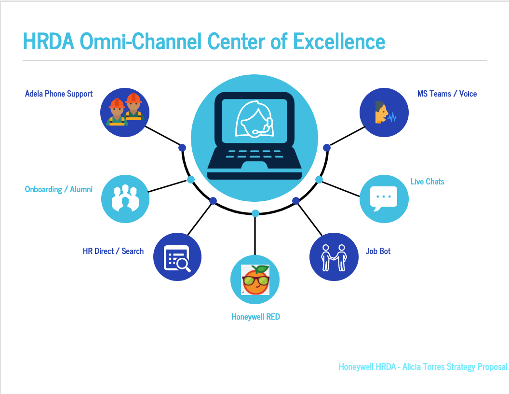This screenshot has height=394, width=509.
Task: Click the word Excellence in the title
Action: point(339,42)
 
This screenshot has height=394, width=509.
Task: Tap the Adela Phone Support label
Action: point(59,94)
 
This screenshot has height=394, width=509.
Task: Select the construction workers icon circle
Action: point(125,113)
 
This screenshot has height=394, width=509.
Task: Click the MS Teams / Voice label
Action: point(447,94)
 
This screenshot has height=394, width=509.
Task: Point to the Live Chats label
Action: point(427,182)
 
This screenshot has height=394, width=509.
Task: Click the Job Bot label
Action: point(378,251)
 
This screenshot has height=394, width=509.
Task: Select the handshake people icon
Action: point(334,257)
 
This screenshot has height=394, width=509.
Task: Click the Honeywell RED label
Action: point(255,317)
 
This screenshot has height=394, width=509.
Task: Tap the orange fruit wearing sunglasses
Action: point(255,280)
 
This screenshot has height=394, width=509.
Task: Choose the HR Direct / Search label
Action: point(113,251)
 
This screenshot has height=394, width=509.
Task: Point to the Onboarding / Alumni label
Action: point(59,189)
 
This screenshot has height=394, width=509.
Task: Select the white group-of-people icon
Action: point(125,198)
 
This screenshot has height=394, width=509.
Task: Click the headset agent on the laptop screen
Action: point(254,119)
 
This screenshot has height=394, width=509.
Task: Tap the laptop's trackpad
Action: point(254,166)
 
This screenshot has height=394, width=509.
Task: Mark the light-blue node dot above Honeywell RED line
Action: point(255,213)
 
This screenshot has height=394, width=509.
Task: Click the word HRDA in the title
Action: point(49,42)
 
